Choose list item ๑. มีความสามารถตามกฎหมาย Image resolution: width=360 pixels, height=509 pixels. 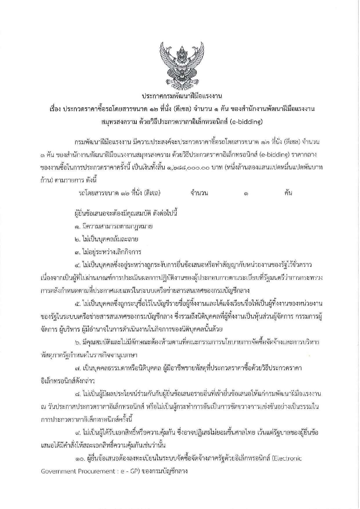tap(113, 226)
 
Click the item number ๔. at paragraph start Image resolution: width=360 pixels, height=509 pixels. tap(77, 265)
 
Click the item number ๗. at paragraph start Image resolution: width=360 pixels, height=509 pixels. tap(77, 368)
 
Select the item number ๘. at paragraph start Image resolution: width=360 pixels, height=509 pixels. tap(77, 394)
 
